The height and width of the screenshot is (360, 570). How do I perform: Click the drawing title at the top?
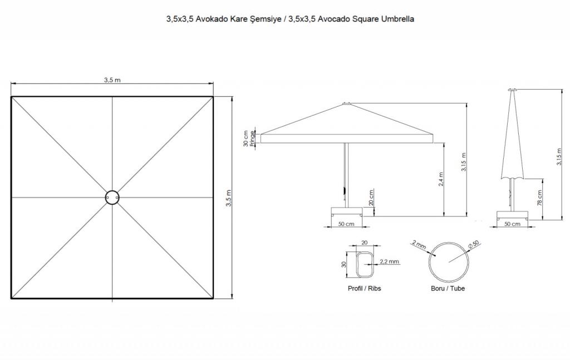(x=290, y=19)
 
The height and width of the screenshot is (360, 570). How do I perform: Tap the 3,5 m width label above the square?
(x=112, y=80)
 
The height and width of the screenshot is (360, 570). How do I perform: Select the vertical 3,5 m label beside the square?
(x=229, y=198)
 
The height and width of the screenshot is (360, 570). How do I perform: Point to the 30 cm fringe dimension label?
(x=246, y=139)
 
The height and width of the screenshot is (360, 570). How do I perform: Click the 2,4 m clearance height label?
(x=441, y=179)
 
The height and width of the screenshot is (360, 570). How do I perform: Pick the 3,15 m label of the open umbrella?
(x=464, y=162)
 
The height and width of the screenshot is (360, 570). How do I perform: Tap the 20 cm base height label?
(x=371, y=198)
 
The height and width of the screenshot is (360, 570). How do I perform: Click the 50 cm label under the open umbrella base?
(x=346, y=224)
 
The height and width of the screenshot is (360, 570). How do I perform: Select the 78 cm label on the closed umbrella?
(x=539, y=198)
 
